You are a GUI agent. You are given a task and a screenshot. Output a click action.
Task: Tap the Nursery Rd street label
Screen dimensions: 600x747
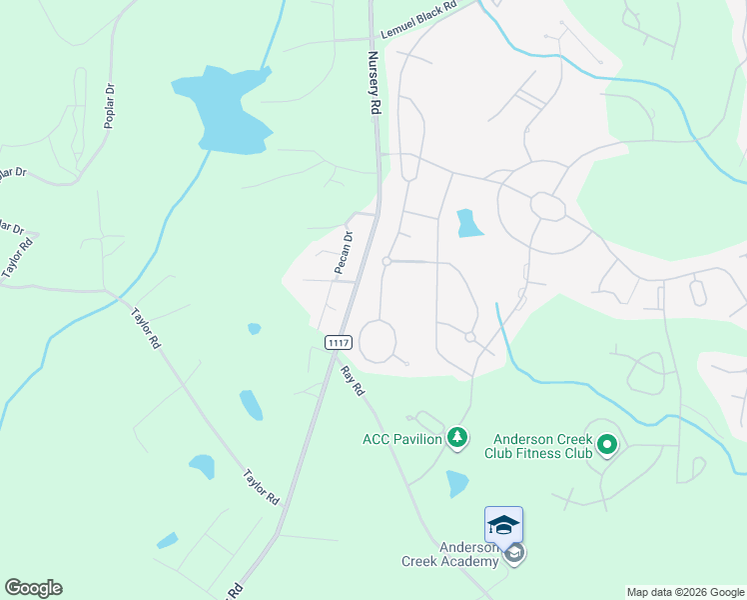374,81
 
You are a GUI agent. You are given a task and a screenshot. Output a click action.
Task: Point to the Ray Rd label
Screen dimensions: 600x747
351,381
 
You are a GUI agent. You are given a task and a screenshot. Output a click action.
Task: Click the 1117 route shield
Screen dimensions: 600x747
339,342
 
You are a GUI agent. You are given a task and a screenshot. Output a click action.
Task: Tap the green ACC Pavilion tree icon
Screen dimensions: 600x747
457,437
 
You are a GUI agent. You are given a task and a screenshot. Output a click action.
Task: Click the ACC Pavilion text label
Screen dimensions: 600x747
403,439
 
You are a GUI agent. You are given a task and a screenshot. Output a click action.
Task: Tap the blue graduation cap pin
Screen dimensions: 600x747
503,525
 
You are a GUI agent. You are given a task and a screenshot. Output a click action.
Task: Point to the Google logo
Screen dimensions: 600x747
33,588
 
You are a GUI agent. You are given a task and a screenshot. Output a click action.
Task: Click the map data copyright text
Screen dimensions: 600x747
684,592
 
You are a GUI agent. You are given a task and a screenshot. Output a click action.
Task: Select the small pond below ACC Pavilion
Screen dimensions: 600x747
457,483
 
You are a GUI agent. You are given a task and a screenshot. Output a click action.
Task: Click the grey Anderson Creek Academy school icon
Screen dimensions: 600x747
514,553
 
